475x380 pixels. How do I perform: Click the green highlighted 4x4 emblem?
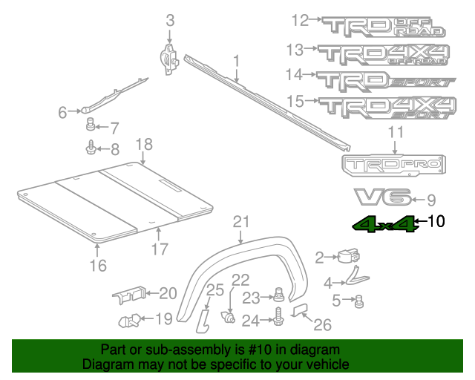[384, 223]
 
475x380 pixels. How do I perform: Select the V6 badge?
[381, 197]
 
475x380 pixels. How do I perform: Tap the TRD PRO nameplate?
[393, 166]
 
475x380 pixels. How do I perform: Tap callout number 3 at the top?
[170, 22]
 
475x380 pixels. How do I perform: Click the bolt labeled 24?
[279, 321]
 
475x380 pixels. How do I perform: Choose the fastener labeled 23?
[280, 295]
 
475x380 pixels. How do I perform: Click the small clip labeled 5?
[360, 301]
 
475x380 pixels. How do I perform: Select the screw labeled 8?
[91, 148]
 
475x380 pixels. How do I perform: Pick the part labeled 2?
[347, 257]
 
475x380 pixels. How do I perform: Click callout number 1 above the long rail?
[236, 60]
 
